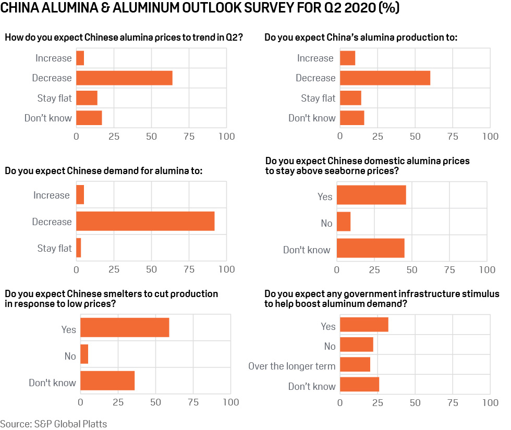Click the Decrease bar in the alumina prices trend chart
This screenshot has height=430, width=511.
tap(124, 78)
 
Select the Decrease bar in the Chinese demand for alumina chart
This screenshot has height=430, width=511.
tap(145, 222)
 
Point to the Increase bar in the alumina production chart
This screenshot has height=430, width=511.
tap(347, 58)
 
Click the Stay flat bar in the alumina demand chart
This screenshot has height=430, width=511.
tap(79, 248)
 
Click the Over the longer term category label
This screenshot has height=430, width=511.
tap(291, 366)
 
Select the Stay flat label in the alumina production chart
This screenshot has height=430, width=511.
tap(318, 98)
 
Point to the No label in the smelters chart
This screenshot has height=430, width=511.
tap(70, 357)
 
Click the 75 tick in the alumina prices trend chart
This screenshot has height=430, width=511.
tap(189, 137)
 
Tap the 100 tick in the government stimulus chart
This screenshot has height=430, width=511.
tap(490, 402)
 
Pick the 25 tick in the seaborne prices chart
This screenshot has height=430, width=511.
tap(374, 270)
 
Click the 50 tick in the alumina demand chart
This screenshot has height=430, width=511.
tap(151, 270)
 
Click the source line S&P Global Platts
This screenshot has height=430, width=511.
tap(54, 423)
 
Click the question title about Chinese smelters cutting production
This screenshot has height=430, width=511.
tap(111, 299)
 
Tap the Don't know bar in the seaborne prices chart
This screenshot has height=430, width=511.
tap(370, 248)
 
